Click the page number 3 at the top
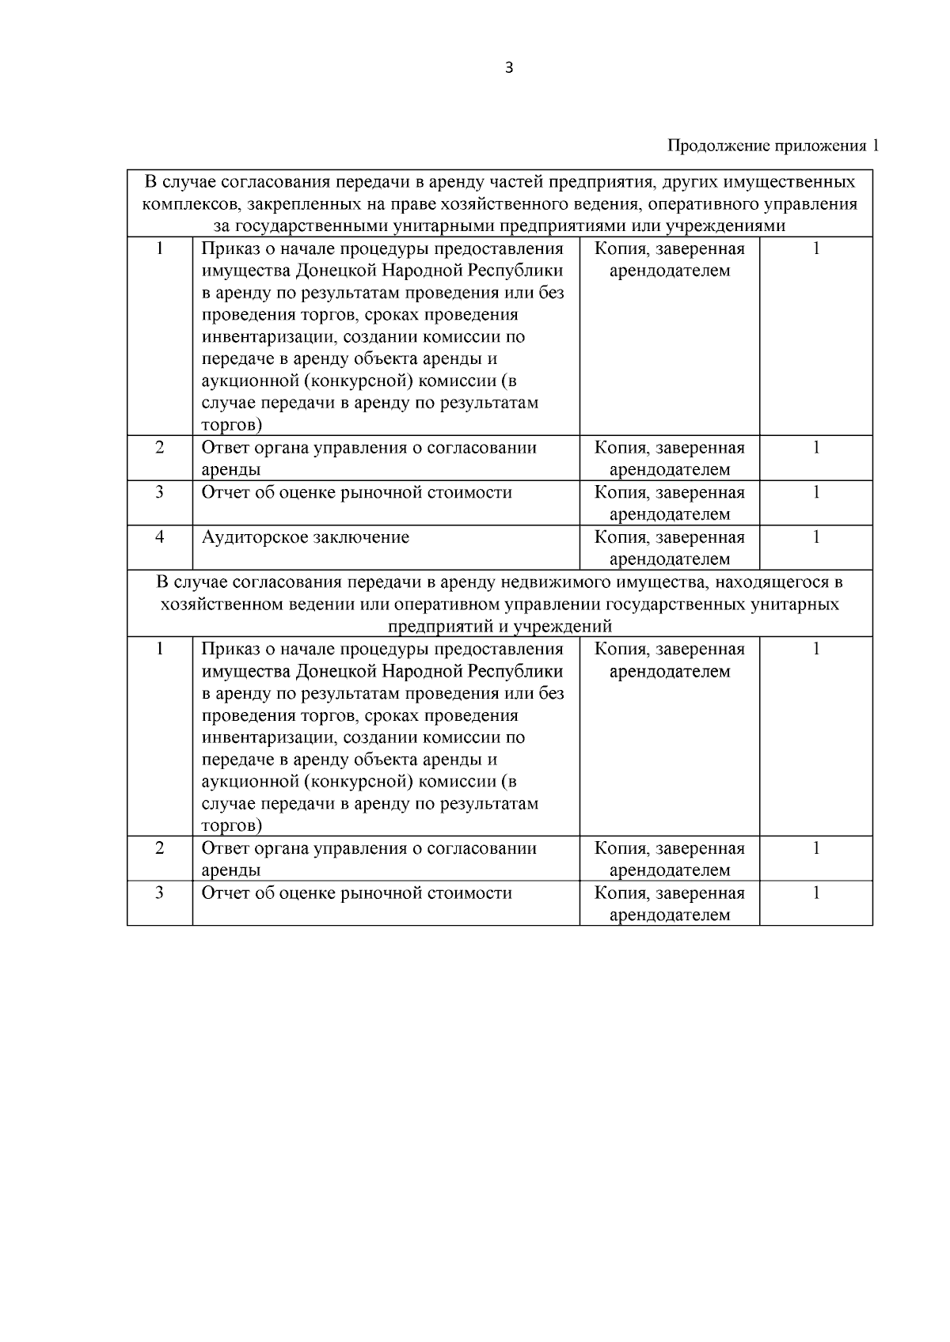[508, 68]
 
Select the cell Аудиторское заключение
[306, 537]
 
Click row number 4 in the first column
[159, 537]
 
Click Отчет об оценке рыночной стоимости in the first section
[356, 492]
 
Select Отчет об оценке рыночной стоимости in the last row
[356, 893]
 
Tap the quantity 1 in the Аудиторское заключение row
[815, 537]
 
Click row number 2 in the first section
[159, 448]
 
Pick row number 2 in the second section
[159, 848]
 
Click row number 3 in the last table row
[159, 893]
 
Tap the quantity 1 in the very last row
[815, 893]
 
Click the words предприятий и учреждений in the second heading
[500, 627]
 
